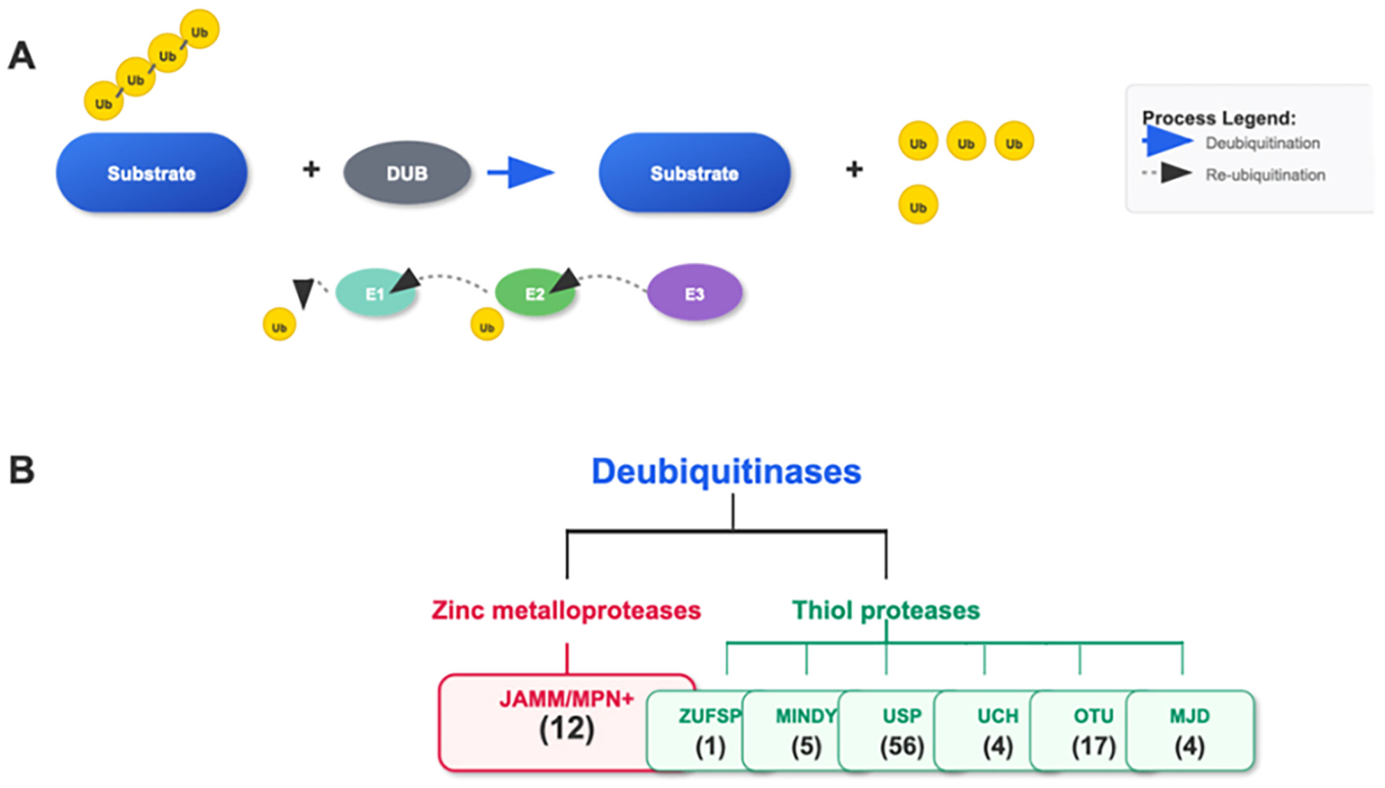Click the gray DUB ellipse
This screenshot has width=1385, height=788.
(x=407, y=173)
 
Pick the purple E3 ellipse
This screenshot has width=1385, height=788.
(x=694, y=293)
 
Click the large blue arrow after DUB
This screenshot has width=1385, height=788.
(x=522, y=173)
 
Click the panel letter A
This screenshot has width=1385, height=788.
(x=22, y=56)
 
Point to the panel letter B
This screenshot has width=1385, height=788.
(x=22, y=470)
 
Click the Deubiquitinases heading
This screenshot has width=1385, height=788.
(x=726, y=472)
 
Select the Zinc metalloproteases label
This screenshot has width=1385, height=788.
(x=566, y=611)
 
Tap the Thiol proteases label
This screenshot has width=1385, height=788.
(x=886, y=611)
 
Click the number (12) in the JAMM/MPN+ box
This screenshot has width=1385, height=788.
(x=566, y=729)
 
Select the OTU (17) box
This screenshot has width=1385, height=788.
(x=1093, y=731)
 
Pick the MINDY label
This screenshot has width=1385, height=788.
(x=806, y=716)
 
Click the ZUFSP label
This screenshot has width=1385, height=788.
(x=710, y=716)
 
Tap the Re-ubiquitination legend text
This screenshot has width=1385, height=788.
(x=1265, y=175)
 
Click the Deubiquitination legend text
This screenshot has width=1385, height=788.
(x=1263, y=143)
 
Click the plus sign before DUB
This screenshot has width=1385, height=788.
(x=311, y=170)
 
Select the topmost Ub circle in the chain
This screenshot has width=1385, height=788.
(x=199, y=30)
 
